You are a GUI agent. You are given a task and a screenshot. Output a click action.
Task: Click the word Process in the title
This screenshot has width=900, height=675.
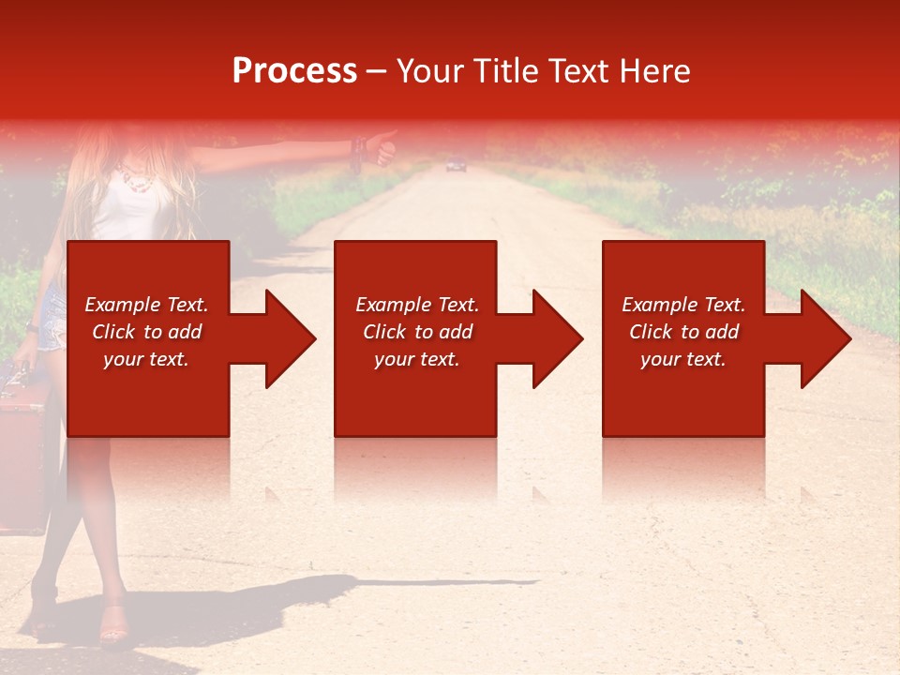point(294,71)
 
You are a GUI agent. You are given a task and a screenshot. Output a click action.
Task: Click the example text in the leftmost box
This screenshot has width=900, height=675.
point(146,332)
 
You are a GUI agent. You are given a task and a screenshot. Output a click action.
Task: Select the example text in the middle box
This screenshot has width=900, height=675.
point(416,332)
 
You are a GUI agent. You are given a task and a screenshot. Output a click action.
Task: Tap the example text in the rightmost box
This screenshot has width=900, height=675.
point(682,332)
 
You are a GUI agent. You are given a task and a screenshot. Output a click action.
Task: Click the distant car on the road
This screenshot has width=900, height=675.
point(456,166)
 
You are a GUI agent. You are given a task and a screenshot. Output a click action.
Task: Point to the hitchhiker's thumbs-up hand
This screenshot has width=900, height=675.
point(382,147)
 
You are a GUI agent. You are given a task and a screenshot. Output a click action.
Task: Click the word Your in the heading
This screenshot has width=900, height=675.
point(427,71)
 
